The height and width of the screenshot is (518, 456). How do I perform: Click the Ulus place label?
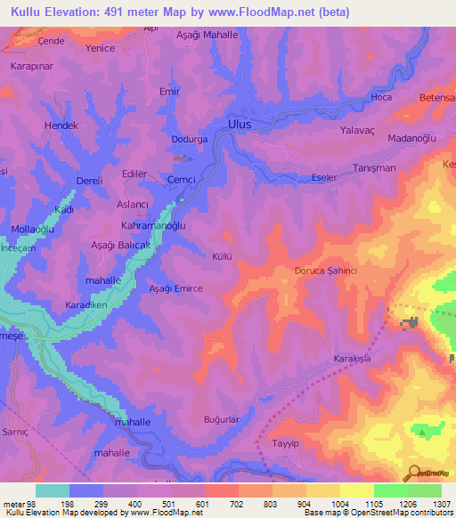240,125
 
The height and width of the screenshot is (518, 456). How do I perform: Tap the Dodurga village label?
188,140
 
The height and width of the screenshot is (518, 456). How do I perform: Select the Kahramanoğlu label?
153,226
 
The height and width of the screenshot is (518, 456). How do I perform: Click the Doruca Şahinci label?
325,271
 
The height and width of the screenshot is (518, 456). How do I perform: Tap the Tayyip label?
284,442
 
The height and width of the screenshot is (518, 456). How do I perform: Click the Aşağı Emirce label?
175,288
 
